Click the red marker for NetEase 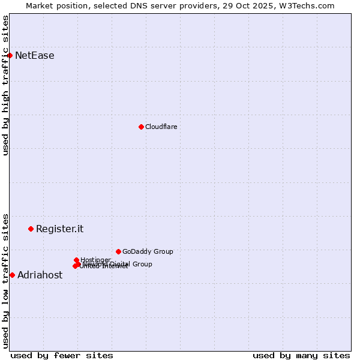pyautogui.click(x=10, y=56)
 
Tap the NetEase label pyautogui.click(x=35, y=56)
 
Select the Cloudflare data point pyautogui.click(x=141, y=127)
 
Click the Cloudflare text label pyautogui.click(x=161, y=127)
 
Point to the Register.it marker pyautogui.click(x=31, y=229)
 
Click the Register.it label pyautogui.click(x=59, y=229)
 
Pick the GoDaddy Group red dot pyautogui.click(x=118, y=251)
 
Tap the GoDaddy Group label pyautogui.click(x=148, y=251)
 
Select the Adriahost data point pyautogui.click(x=12, y=275)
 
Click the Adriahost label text pyautogui.click(x=40, y=275)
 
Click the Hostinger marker pyautogui.click(x=76, y=260)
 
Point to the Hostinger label pyautogui.click(x=95, y=260)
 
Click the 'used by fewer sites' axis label pyautogui.click(x=62, y=355)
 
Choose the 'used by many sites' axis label pyautogui.click(x=301, y=355)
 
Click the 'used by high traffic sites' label pyautogui.click(x=5, y=85)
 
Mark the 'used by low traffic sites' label pyautogui.click(x=5, y=281)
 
